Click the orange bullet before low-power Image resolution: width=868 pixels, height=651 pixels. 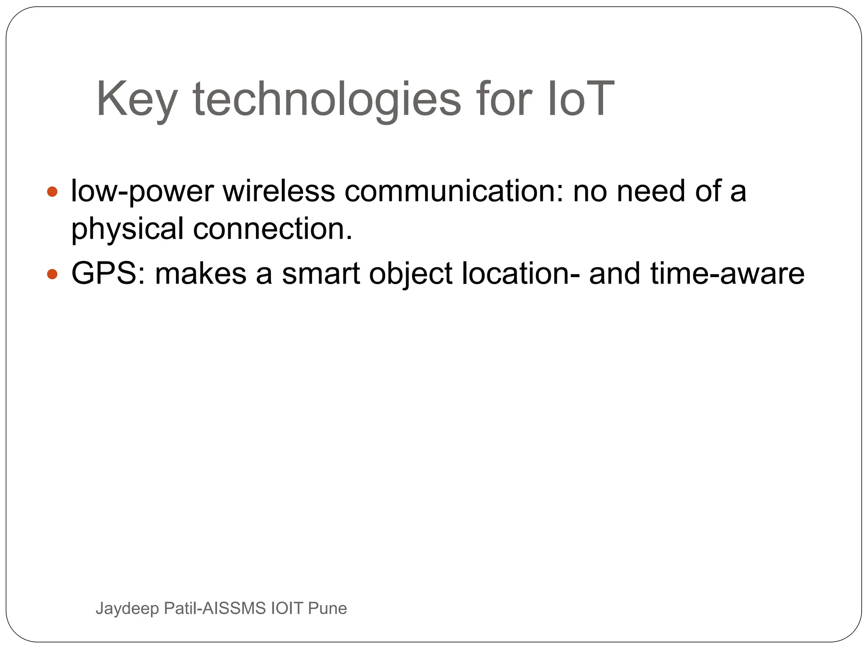tap(52, 192)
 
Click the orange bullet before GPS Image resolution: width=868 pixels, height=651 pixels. tap(52, 274)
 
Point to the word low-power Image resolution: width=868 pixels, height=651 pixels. tap(142, 192)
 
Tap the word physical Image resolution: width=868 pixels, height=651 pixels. tap(127, 229)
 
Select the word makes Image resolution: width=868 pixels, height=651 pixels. tap(201, 273)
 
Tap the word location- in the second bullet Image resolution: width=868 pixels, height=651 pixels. tap(521, 273)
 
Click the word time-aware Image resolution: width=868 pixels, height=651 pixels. tap(727, 273)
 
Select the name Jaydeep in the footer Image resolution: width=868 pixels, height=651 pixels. tap(128, 609)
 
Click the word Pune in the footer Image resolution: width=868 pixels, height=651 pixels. tap(327, 608)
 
